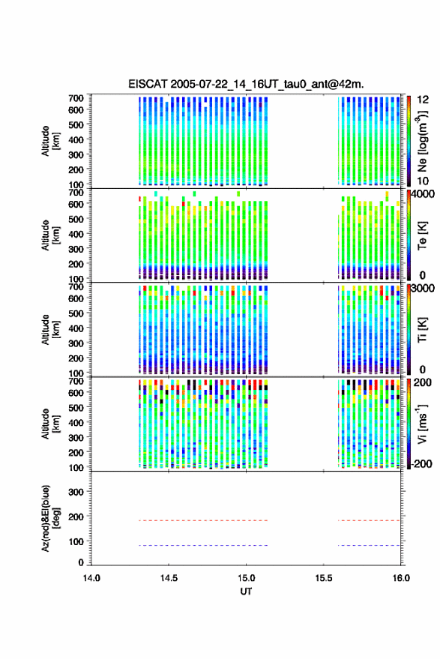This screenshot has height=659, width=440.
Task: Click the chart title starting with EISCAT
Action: (x=246, y=84)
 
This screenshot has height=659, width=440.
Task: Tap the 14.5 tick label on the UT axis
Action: (x=169, y=578)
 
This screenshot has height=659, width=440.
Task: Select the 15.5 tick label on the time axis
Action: (x=323, y=578)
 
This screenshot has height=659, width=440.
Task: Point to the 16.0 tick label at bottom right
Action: (x=401, y=578)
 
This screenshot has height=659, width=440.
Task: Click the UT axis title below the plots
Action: (x=246, y=592)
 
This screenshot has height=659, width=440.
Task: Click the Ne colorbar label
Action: (x=422, y=141)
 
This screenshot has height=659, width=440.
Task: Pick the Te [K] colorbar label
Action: (x=422, y=235)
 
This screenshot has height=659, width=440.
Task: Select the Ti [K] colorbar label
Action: (x=422, y=330)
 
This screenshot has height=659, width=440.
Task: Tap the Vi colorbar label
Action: (x=422, y=424)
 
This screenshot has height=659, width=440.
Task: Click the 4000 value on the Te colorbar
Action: (x=423, y=194)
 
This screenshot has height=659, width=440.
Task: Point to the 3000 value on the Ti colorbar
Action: (x=423, y=289)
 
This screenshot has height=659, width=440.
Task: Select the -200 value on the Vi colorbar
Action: (x=422, y=463)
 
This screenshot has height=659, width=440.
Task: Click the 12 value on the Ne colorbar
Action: (x=423, y=100)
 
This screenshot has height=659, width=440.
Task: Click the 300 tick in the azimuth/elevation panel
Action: (x=76, y=492)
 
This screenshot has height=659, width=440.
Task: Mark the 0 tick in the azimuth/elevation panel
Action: (x=81, y=562)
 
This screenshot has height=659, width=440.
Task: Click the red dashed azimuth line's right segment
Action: (x=369, y=520)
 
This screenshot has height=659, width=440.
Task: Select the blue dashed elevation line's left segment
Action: (x=203, y=546)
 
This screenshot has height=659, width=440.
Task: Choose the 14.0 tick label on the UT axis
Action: (x=91, y=578)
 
